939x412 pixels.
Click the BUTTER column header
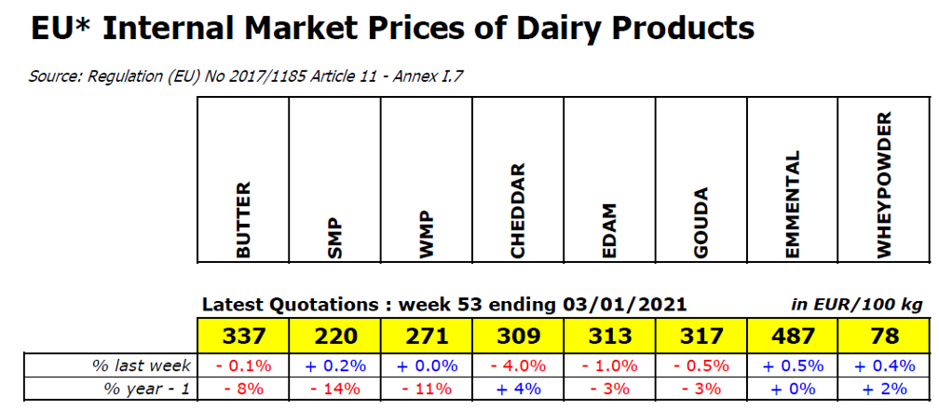[x=244, y=220]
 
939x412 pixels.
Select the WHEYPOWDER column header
[x=885, y=185]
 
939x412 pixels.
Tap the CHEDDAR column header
[x=518, y=210]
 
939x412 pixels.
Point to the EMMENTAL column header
[x=793, y=204]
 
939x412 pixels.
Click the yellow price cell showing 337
[x=244, y=336]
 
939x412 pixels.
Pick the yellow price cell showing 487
[x=793, y=336]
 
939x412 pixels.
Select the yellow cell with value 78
[x=885, y=336]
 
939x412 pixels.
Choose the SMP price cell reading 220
[x=334, y=336]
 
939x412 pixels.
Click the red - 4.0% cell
[x=519, y=365]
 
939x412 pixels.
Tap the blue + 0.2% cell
[x=334, y=365]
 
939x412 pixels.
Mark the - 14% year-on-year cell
[x=334, y=389]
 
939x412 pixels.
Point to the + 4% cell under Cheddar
[x=519, y=389]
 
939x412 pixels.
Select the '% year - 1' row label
[x=148, y=390]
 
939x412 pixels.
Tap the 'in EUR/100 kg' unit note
[x=857, y=305]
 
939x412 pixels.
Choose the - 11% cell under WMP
[x=427, y=389]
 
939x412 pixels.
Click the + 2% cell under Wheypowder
[x=885, y=389]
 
